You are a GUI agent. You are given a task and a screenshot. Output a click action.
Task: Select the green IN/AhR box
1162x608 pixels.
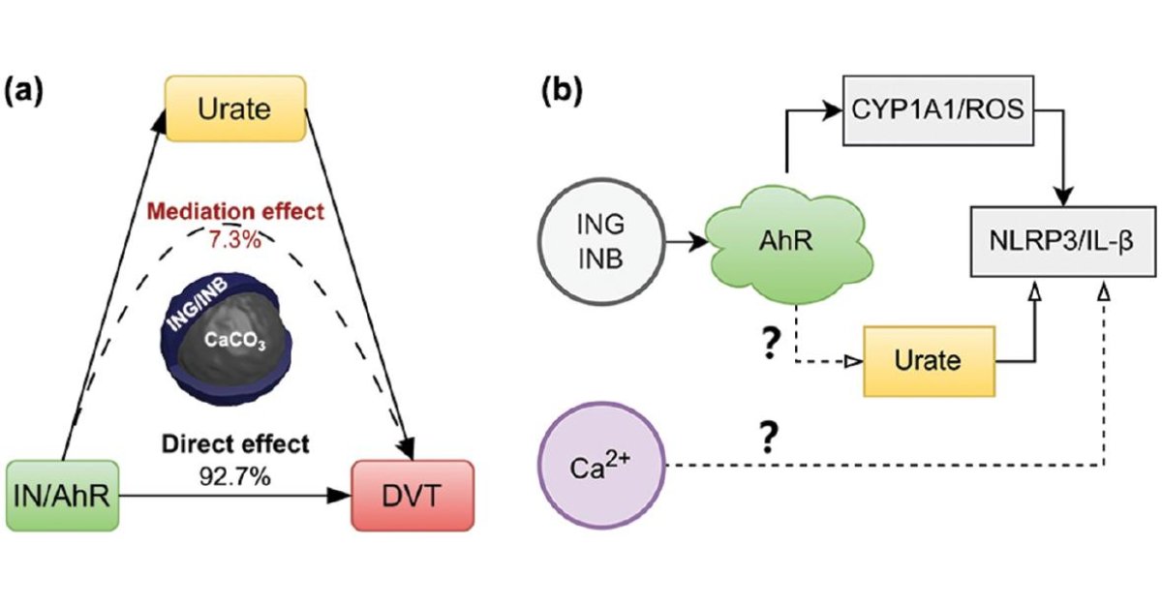click(62, 496)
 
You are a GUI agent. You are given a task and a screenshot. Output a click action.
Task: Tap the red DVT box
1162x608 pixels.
click(413, 496)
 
